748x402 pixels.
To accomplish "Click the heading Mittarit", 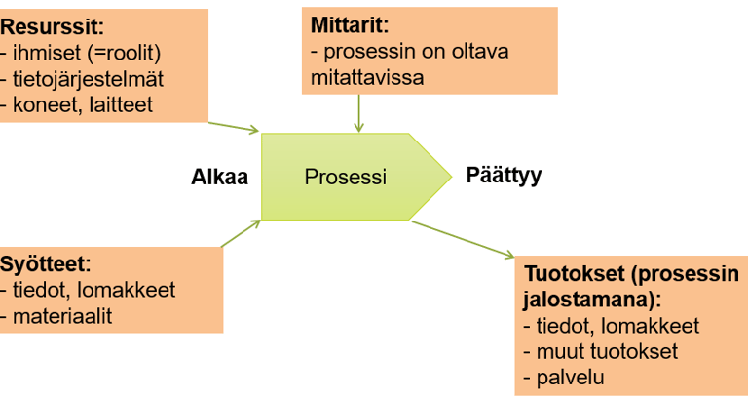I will [x=350, y=23].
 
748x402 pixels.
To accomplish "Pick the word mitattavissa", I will [x=367, y=76].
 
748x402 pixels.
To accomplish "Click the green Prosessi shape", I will [x=347, y=178].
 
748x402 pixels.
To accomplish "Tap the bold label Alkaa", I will [x=220, y=177].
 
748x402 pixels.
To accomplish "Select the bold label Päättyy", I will [x=504, y=177].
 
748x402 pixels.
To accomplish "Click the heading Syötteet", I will [x=45, y=263].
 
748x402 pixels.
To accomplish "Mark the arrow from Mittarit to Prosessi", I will [x=359, y=113].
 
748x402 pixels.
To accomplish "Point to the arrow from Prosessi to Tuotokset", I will [x=463, y=240].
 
